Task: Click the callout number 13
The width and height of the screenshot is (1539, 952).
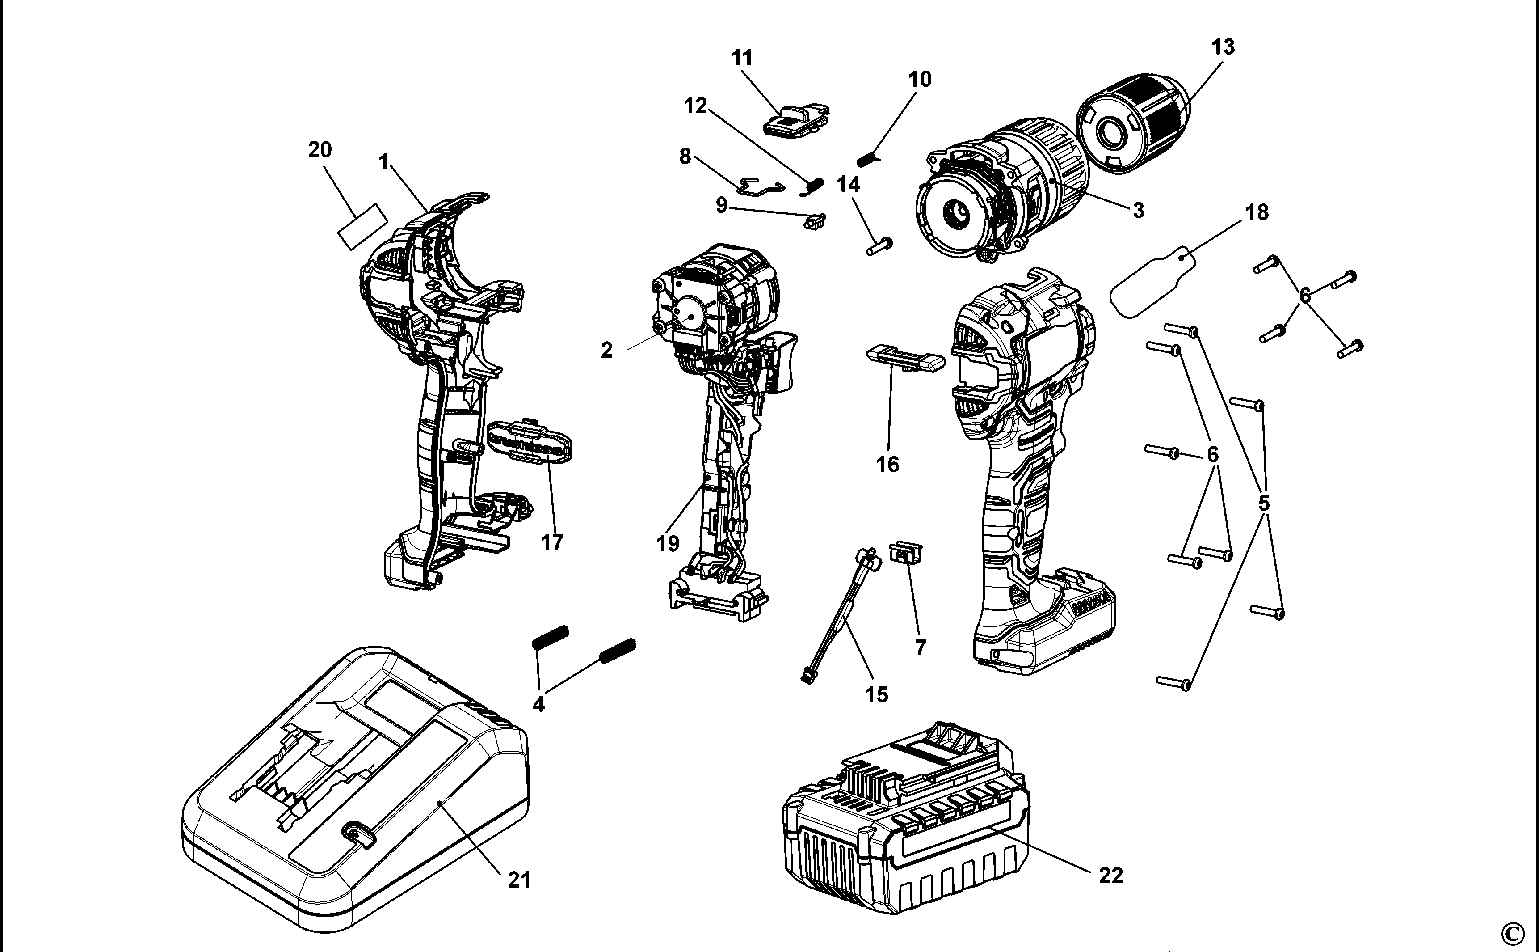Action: pos(1223,47)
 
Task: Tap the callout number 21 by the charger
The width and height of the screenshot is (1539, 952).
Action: pos(519,880)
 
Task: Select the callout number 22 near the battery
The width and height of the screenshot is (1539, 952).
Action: pos(1110,875)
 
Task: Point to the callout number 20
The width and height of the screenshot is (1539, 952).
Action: pos(320,150)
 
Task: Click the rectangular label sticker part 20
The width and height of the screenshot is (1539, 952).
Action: pos(362,227)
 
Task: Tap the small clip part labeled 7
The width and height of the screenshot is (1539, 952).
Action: pos(906,553)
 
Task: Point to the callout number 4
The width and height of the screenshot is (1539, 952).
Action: pos(538,704)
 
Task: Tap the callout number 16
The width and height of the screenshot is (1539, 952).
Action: pos(888,465)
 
